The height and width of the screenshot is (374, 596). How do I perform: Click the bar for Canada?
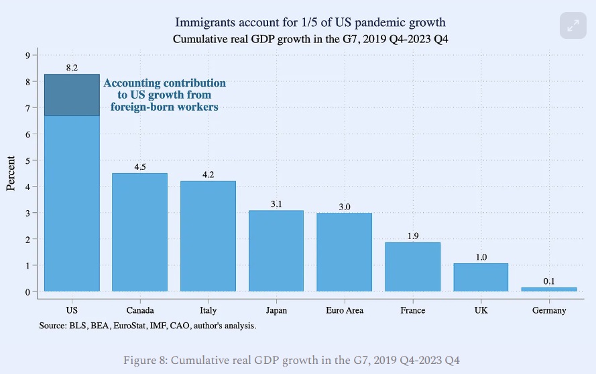click(x=139, y=232)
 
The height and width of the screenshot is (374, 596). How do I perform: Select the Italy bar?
click(x=208, y=236)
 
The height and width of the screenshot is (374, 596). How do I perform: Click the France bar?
click(x=412, y=267)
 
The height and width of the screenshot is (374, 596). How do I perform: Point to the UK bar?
click(x=481, y=277)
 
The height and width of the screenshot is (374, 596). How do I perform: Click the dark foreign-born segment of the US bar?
click(x=72, y=95)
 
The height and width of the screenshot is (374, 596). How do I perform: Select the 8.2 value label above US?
click(x=72, y=68)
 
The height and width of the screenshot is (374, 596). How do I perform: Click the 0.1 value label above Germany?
click(x=549, y=281)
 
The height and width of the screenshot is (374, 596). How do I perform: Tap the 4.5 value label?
click(x=139, y=167)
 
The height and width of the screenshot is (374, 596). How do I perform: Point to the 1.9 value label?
click(x=412, y=236)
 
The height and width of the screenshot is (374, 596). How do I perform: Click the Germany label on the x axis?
click(x=549, y=310)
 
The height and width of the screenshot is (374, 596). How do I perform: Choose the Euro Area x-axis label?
click(x=344, y=310)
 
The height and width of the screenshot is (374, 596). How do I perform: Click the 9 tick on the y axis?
click(x=27, y=56)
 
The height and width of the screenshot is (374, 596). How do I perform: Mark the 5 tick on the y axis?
click(x=27, y=160)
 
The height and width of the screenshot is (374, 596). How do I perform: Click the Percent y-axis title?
click(x=11, y=173)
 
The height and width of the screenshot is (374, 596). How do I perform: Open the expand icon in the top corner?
click(x=573, y=26)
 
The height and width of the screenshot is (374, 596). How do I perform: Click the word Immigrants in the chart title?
click(x=199, y=24)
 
